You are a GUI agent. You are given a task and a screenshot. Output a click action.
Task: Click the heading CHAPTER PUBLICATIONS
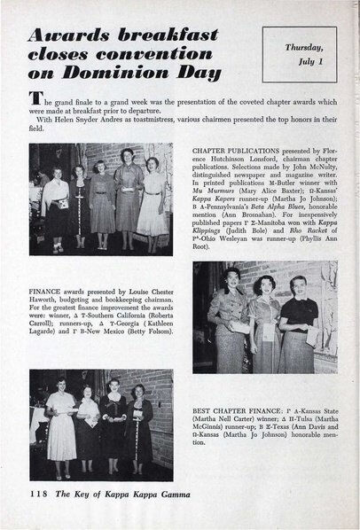[x=233, y=151]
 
